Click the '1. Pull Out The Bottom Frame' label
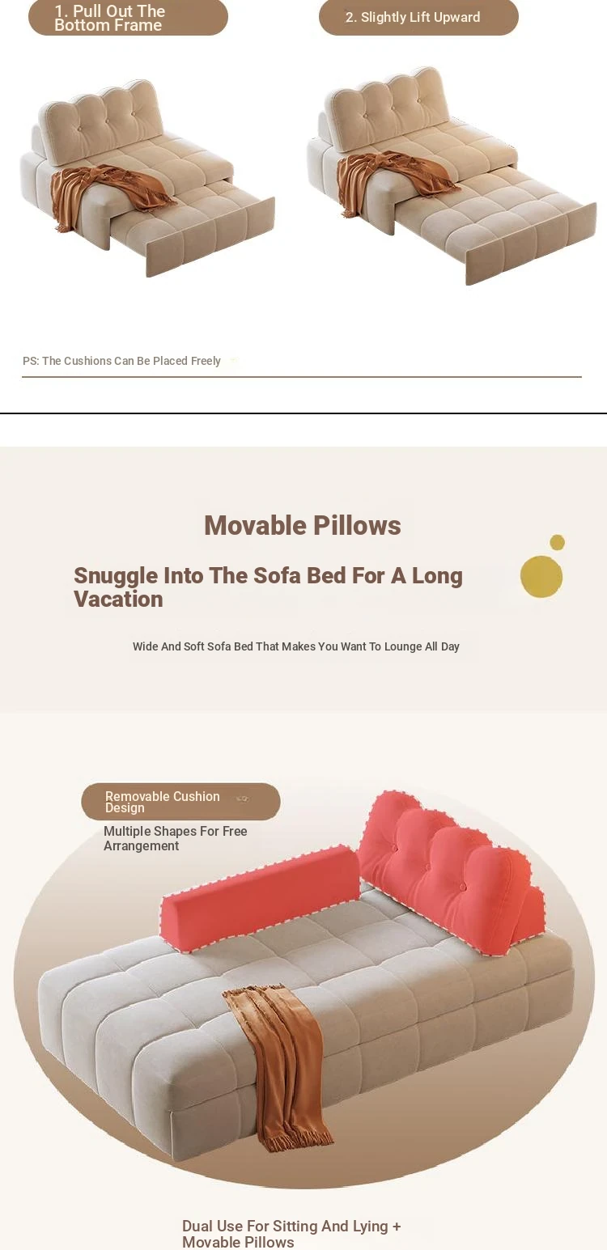click(x=128, y=17)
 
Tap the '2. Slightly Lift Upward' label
click(x=418, y=17)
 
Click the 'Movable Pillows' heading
click(x=303, y=526)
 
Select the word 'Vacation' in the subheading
click(x=118, y=600)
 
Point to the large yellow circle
click(x=541, y=576)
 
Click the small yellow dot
click(x=558, y=542)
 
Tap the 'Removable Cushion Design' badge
click(x=181, y=801)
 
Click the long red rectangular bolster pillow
click(x=261, y=894)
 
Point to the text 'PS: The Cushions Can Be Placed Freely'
click(x=121, y=361)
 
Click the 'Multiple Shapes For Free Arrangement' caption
click(x=176, y=838)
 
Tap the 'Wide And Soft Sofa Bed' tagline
click(x=296, y=646)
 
